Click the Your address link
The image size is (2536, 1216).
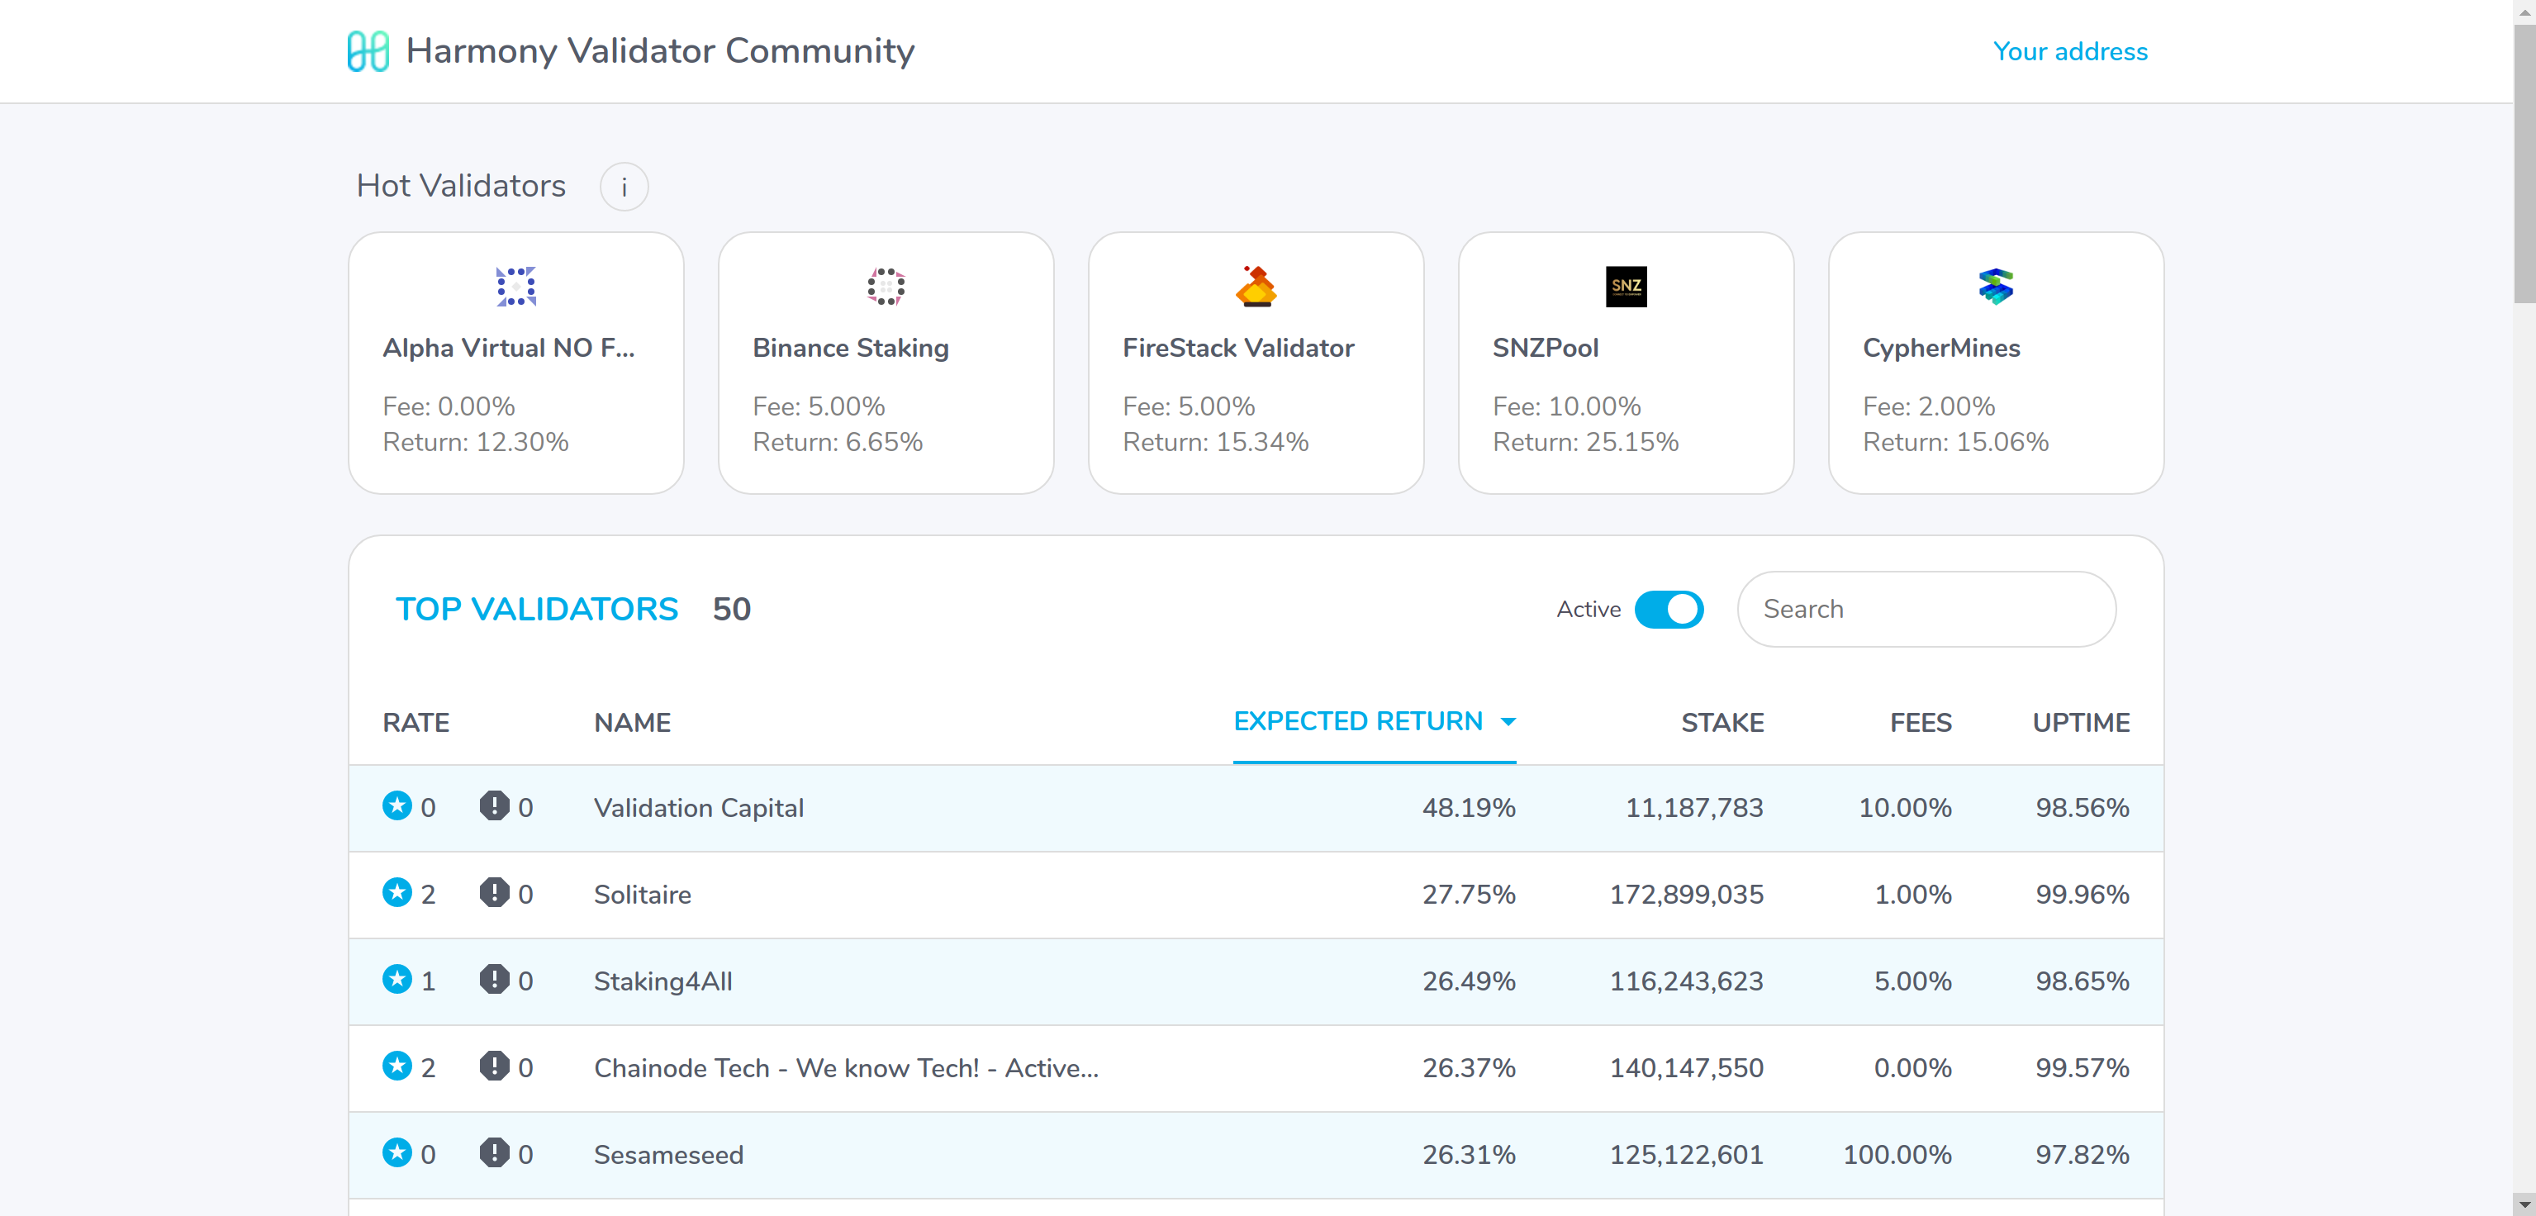pos(2069,51)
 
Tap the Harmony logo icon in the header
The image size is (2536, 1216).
pos(368,51)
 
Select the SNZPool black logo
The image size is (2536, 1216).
pos(1626,287)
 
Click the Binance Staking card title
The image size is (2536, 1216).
pos(851,348)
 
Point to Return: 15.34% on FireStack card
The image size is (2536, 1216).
pos(1216,442)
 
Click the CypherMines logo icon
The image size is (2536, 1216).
pos(1996,287)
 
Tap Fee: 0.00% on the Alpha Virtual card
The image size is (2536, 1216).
pos(449,406)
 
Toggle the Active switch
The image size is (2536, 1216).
pos(1669,610)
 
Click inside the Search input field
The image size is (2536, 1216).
pos(1926,610)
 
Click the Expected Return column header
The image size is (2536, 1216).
pos(1359,722)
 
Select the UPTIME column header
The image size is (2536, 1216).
pos(2080,723)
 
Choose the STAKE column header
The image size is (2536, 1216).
pos(1722,723)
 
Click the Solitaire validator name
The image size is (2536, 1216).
pos(643,895)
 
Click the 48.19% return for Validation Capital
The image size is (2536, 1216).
pos(1468,809)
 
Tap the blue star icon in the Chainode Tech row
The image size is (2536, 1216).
pos(397,1066)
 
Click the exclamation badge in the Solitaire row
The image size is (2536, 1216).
pos(494,893)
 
